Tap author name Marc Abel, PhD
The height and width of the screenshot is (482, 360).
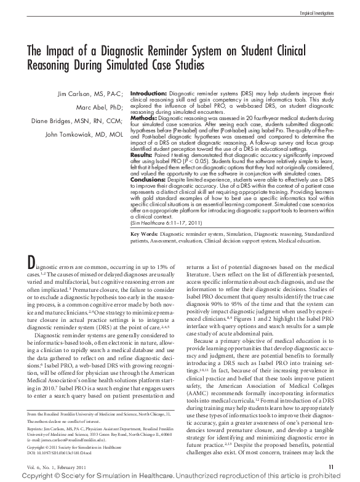tap(104, 107)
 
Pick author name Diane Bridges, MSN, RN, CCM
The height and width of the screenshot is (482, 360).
tap(78, 121)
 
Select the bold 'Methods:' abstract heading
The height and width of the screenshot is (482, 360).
tap(144, 116)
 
